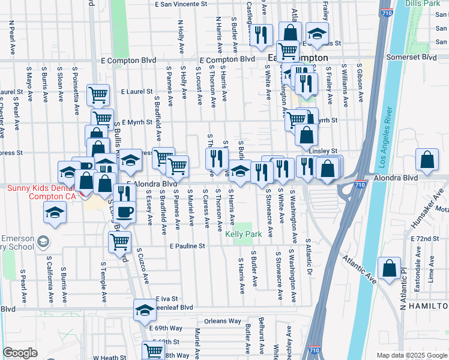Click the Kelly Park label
[x=244, y=234]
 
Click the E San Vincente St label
[x=181, y=4]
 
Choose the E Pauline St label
[x=187, y=246]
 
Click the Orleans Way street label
[x=222, y=321]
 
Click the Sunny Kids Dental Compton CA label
[x=41, y=192]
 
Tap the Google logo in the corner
[x=20, y=353]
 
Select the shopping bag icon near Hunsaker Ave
[x=427, y=160]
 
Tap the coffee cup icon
[x=125, y=212]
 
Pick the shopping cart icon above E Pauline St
[x=120, y=241]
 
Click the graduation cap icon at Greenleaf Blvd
[x=144, y=310]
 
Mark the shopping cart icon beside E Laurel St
[x=98, y=94]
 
